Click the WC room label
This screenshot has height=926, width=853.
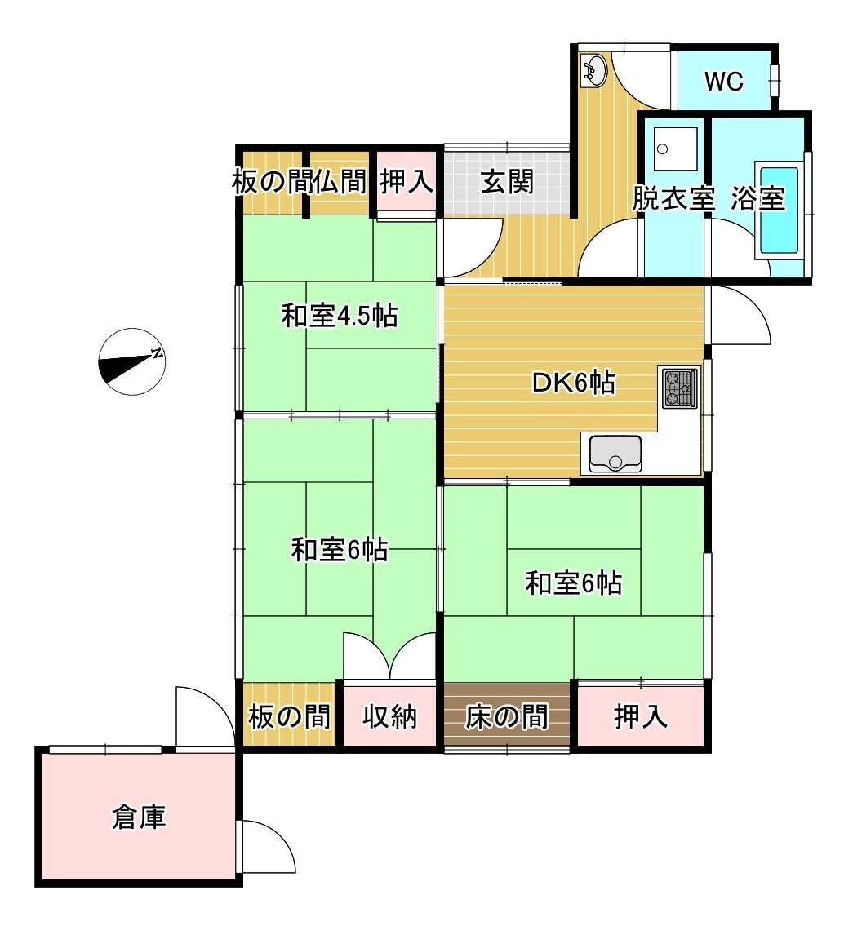pos(724,81)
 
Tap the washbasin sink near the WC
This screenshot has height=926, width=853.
pos(593,71)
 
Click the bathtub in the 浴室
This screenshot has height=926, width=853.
pos(779,210)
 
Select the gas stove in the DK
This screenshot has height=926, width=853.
pos(679,388)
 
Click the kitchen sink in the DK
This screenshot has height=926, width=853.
pos(615,454)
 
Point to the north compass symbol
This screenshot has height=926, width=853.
pos(131,361)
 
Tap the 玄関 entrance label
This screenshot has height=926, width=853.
pos(507,181)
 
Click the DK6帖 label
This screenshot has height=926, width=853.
pos(574,383)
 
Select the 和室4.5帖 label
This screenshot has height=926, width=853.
pos(339,316)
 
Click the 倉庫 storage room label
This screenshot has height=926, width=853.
pos(139,817)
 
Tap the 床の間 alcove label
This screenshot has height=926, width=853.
pos(506,717)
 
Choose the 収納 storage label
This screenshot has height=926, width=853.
pos(389,717)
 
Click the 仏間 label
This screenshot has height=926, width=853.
pos(340,181)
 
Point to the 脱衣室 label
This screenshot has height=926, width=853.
pos(673,198)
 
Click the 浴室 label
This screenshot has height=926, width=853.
pos(757,198)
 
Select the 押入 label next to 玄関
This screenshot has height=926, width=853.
pos(407,180)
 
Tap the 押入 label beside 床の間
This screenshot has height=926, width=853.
pos(641,717)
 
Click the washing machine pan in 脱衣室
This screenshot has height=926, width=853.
pos(676,148)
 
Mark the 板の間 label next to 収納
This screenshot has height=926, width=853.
pos(289,717)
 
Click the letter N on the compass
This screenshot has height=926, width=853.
pos(157,354)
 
